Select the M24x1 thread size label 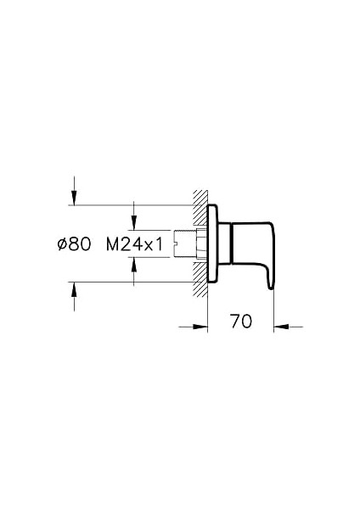(134, 244)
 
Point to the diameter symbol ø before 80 (61, 244)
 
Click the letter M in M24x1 (113, 244)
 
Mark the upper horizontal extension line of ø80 (127, 205)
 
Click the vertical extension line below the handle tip (274, 310)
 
